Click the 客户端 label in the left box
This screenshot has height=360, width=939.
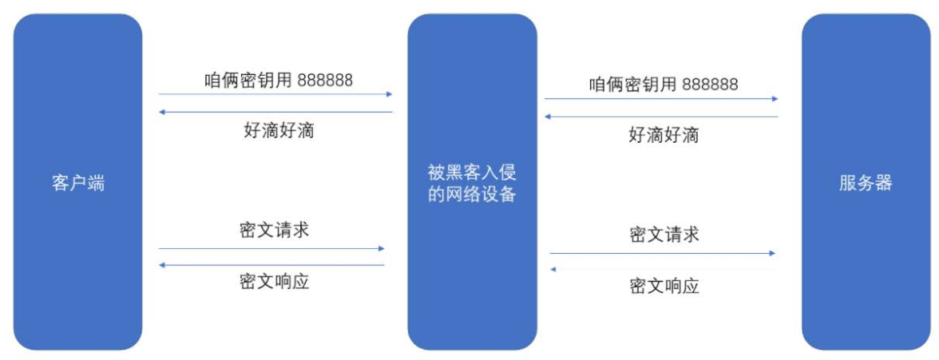[78, 183]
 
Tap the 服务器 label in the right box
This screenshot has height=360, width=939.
[866, 183]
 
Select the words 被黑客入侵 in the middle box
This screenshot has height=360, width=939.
[472, 172]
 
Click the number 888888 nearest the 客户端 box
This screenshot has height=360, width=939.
[325, 80]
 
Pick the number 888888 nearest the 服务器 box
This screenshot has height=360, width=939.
[710, 85]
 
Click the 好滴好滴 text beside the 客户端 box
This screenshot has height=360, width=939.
[279, 130]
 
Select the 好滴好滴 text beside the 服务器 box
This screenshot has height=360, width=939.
[664, 135]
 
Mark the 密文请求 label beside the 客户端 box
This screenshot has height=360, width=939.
[274, 231]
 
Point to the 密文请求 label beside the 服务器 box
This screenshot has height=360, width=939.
[664, 235]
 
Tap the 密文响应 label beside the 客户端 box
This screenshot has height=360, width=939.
[274, 281]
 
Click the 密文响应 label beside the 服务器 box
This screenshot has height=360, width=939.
[664, 286]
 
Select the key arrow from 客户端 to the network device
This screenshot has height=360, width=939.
[275, 94]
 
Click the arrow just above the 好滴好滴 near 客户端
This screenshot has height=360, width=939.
[275, 112]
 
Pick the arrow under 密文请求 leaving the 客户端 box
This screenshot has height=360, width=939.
[271, 248]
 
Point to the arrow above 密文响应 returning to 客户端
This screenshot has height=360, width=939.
[271, 265]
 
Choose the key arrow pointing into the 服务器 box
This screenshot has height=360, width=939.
[661, 99]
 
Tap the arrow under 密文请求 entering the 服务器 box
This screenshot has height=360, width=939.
[662, 253]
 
